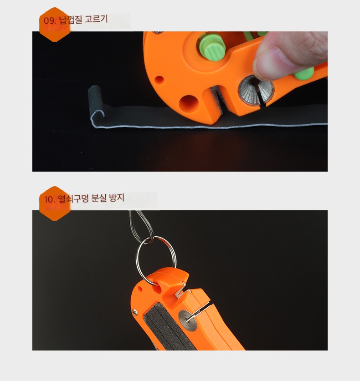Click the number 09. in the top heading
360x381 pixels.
pyautogui.click(x=50, y=20)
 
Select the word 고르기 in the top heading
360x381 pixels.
pyautogui.click(x=96, y=19)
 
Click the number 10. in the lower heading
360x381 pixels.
pyautogui.click(x=50, y=199)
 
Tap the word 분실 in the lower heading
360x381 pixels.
pyautogui.click(x=99, y=198)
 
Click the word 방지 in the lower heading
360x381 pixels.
pyautogui.click(x=117, y=197)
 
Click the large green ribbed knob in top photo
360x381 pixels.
pyautogui.click(x=212, y=46)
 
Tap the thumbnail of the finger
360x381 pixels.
pyautogui.click(x=267, y=64)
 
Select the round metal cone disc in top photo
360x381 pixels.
pyautogui.click(x=256, y=90)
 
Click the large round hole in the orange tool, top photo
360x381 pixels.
pyautogui.click(x=189, y=103)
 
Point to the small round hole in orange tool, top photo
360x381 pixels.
pyautogui.click(x=159, y=80)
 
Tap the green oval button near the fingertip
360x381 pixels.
pyautogui.click(x=304, y=74)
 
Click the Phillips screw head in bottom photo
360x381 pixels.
pyautogui.click(x=134, y=312)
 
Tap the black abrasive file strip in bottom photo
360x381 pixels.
pyautogui.click(x=168, y=327)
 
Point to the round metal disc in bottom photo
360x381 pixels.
pyautogui.click(x=188, y=320)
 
